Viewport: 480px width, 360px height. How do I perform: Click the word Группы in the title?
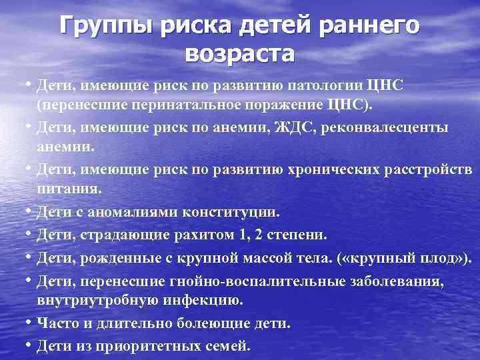click(x=101, y=27)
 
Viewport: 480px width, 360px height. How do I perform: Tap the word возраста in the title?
click(x=240, y=53)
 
